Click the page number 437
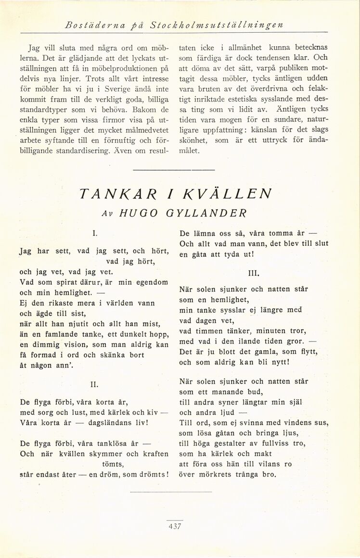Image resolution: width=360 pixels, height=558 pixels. [x=174, y=526]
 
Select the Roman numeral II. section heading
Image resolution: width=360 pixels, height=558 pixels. [x=95, y=384]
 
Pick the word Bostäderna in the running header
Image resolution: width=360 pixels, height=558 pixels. [x=89, y=25]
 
